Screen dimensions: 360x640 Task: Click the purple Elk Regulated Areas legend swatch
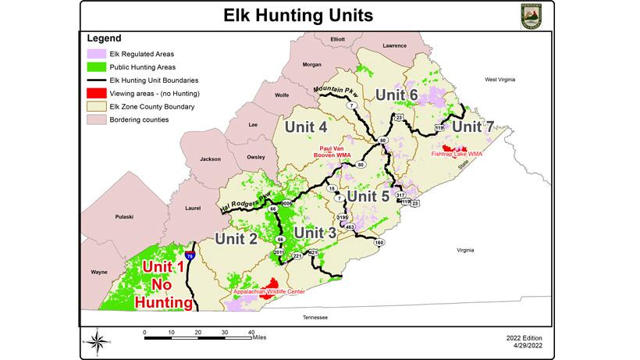pos(97,53)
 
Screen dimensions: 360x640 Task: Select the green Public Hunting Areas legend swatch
pos(97,66)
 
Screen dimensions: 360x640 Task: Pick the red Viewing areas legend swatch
pos(97,93)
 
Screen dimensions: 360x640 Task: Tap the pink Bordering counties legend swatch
pos(97,119)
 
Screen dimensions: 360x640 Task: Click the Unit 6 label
pos(397,94)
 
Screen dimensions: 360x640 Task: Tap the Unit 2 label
pos(236,239)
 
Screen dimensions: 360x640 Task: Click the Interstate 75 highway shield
pos(190,255)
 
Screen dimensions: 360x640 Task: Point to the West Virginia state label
pos(502,80)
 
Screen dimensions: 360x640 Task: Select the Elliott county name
pos(337,38)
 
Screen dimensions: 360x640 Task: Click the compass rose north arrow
pos(98,340)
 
